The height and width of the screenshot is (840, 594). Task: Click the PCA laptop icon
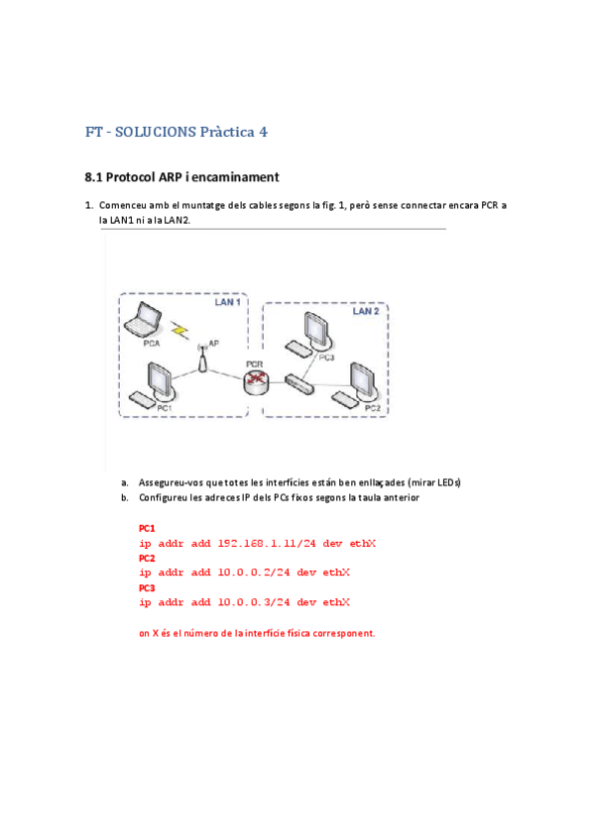[x=143, y=319]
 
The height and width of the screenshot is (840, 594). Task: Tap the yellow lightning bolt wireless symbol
[x=180, y=331]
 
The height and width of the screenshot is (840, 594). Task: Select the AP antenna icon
[x=202, y=359]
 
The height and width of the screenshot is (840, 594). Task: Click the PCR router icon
[x=256, y=382]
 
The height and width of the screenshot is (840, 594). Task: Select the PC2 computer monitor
[x=365, y=382]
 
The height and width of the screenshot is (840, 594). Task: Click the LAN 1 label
[x=227, y=302]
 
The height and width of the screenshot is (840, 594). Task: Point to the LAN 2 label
[x=366, y=311]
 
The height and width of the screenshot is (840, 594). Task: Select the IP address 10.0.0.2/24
[x=254, y=573]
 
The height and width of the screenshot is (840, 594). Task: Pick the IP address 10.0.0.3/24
[x=254, y=602]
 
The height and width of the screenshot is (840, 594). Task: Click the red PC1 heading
[x=147, y=528]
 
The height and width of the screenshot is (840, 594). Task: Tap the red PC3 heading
[x=147, y=587]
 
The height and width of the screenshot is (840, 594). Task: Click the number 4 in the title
[x=263, y=132]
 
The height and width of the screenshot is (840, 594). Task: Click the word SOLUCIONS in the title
[x=156, y=132]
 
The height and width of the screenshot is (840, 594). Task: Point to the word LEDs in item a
[x=448, y=482]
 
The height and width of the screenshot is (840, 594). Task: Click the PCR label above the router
[x=254, y=365]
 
